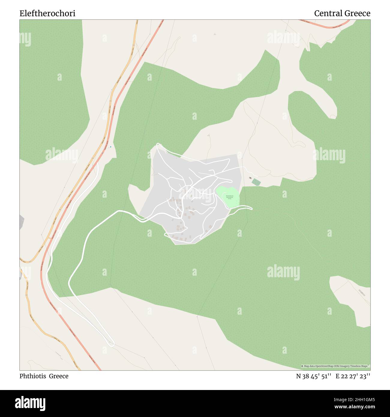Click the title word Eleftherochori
point(47,13)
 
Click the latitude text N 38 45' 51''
point(313,376)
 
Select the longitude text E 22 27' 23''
point(353,376)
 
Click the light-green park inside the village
point(228,196)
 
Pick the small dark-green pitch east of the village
point(256,182)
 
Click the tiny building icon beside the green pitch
point(250,178)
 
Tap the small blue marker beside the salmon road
point(110,147)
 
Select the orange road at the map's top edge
point(137,22)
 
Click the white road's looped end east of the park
point(250,208)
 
